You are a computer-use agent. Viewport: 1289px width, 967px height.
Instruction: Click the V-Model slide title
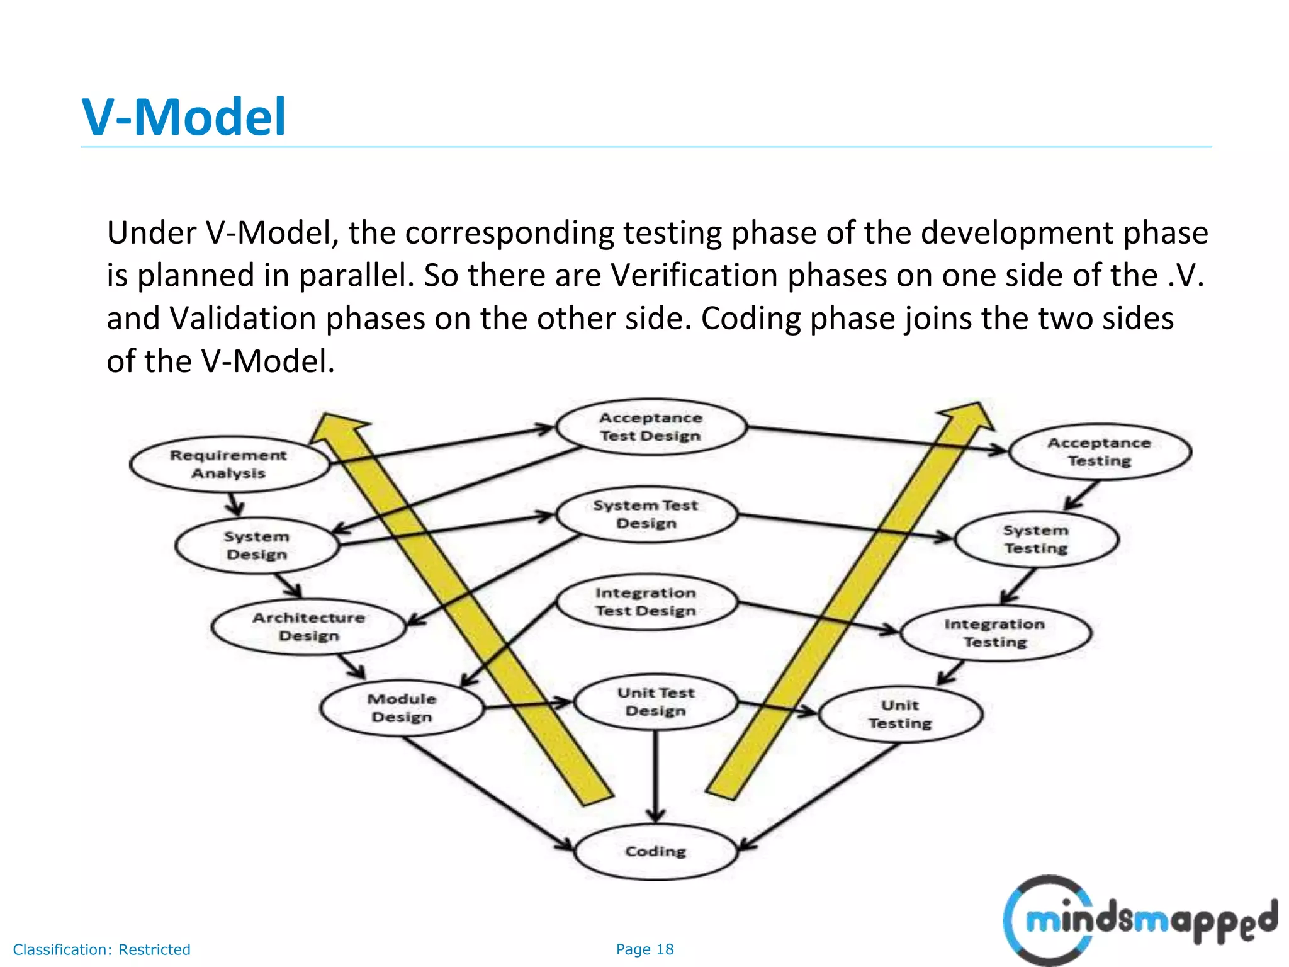pyautogui.click(x=184, y=117)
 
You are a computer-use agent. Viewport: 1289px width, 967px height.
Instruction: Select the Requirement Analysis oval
pyautogui.click(x=228, y=464)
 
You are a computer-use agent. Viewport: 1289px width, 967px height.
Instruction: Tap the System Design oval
pyautogui.click(x=257, y=545)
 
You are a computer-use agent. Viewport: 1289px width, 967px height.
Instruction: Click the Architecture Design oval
pyautogui.click(x=308, y=626)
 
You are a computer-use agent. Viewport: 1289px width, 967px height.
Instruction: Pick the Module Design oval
pyautogui.click(x=402, y=708)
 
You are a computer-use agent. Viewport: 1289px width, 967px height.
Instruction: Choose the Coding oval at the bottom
pyautogui.click(x=655, y=851)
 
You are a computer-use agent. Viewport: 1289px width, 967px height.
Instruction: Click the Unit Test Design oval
pyautogui.click(x=655, y=701)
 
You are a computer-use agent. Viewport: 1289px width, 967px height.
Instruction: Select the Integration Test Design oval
pyautogui.click(x=646, y=601)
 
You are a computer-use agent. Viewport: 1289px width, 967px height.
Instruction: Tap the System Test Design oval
pyautogui.click(x=646, y=514)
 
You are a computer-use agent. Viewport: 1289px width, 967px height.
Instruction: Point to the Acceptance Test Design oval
pyautogui.click(x=650, y=426)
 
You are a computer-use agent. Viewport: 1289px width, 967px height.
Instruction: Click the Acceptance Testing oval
pyautogui.click(x=1099, y=451)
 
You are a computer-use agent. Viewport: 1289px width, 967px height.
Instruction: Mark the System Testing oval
pyautogui.click(x=1036, y=539)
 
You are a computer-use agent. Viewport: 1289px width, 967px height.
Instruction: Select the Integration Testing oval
pyautogui.click(x=994, y=633)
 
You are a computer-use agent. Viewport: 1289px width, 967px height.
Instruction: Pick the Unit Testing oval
pyautogui.click(x=900, y=714)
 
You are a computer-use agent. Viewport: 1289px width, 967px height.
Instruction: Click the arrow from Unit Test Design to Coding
pyautogui.click(x=655, y=778)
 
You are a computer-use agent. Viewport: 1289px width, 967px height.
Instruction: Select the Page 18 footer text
pyautogui.click(x=644, y=949)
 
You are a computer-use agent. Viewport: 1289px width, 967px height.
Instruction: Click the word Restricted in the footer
pyautogui.click(x=154, y=949)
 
